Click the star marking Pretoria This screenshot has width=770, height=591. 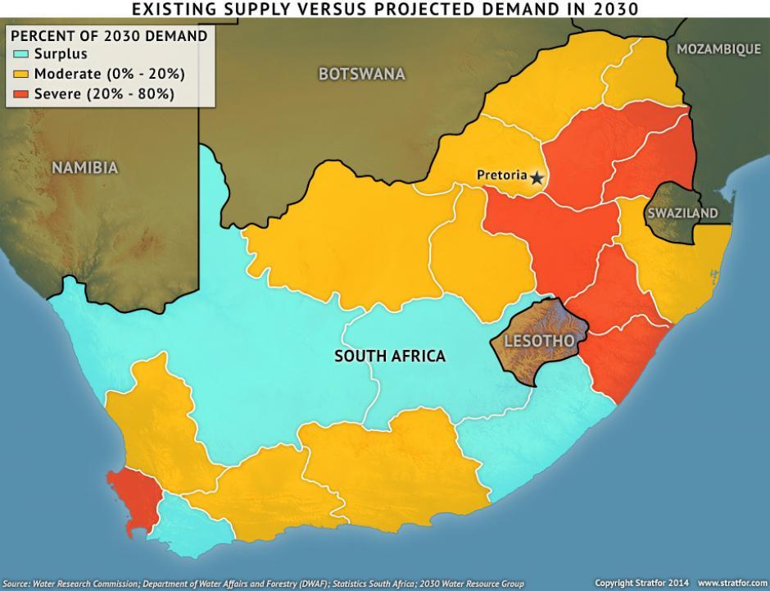tap(537, 177)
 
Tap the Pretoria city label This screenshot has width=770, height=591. tap(501, 175)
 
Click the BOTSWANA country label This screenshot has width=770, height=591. tap(361, 75)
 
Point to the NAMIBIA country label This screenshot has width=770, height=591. tap(85, 168)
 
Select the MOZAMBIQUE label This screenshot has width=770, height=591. tap(718, 49)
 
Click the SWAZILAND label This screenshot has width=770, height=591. tap(682, 213)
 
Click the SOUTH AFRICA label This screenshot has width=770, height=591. tap(390, 356)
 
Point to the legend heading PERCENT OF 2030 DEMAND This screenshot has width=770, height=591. tap(108, 36)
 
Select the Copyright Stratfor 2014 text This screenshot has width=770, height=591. tap(641, 584)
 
